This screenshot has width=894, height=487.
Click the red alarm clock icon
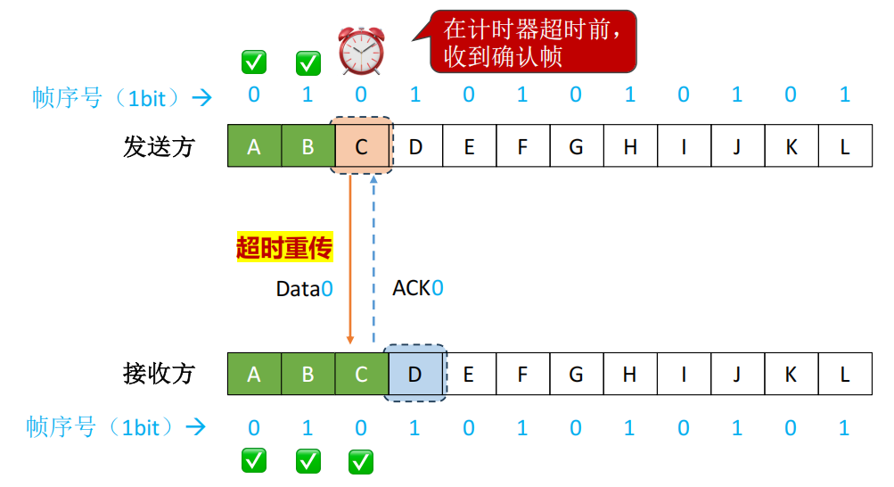[x=362, y=50]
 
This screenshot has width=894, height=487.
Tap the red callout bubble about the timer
[x=533, y=41]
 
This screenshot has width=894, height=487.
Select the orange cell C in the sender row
[x=361, y=146]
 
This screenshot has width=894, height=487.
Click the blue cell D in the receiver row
[x=414, y=374]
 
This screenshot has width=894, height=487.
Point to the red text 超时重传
[x=283, y=247]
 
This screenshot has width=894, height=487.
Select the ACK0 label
[x=418, y=288]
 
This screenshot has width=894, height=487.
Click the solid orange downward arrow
[x=350, y=259]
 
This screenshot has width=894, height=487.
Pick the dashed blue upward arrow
[x=373, y=259]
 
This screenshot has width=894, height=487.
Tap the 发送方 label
[x=159, y=146]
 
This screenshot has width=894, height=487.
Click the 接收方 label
[x=159, y=374]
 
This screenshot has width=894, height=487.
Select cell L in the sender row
[x=845, y=146]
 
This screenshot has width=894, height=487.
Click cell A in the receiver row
[x=254, y=374]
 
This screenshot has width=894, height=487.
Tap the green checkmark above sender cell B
[x=308, y=62]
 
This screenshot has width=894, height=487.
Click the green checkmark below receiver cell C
[x=360, y=461]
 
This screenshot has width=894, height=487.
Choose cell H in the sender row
[x=630, y=146]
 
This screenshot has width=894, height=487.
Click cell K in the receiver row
[x=791, y=374]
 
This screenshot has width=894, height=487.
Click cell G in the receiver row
[x=576, y=374]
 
